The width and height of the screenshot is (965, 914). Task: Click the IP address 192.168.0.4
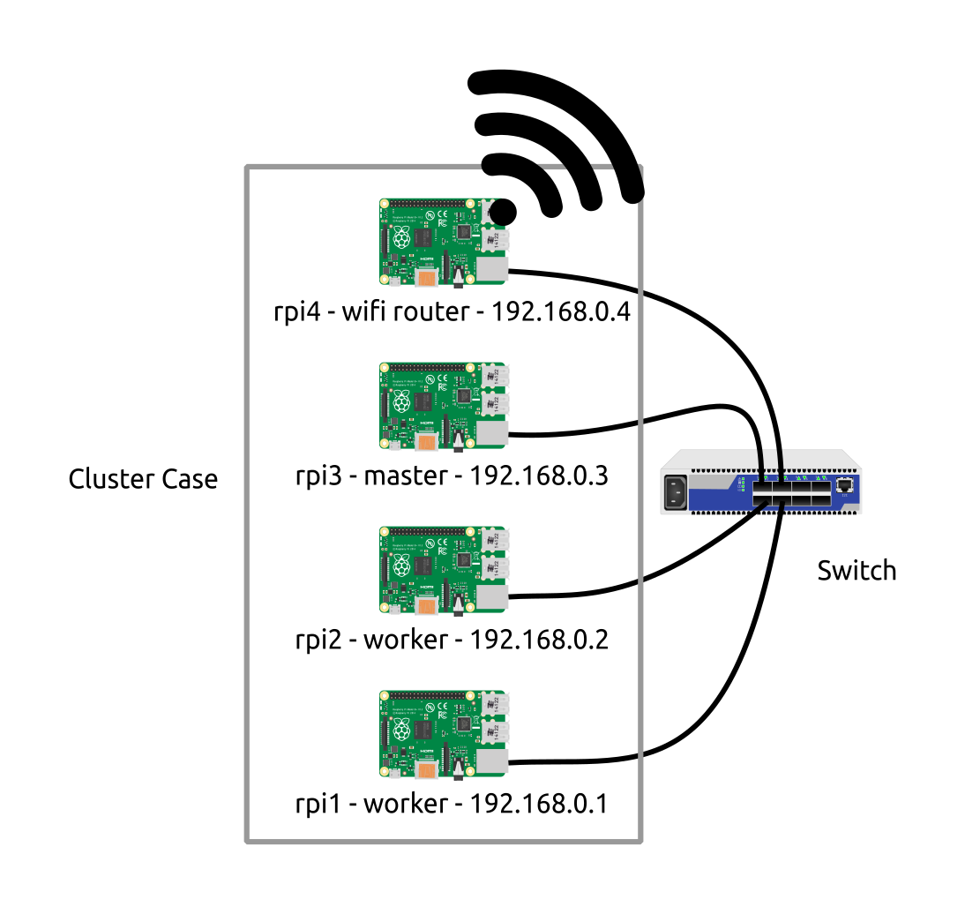tap(561, 311)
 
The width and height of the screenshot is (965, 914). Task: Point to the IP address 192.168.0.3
tap(539, 476)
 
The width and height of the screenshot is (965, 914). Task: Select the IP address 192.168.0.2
tap(539, 639)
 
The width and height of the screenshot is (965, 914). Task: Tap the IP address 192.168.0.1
tap(539, 804)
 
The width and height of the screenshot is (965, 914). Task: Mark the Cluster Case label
tap(143, 479)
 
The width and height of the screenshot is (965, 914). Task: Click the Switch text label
tap(857, 571)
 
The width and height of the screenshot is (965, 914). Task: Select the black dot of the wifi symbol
tap(502, 212)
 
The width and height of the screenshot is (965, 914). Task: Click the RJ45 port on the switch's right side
tap(846, 486)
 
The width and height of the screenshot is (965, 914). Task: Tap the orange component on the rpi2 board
tap(428, 608)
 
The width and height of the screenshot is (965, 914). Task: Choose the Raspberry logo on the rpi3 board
tap(401, 403)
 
